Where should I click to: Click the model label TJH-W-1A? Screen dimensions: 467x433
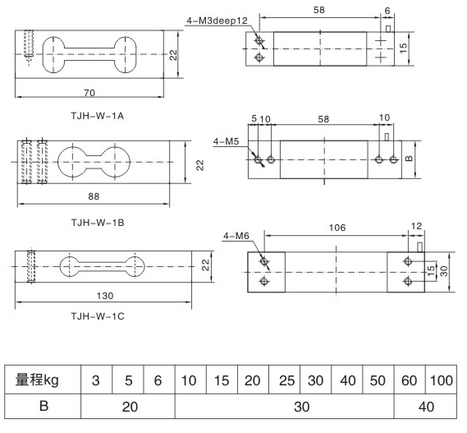coord(97,116)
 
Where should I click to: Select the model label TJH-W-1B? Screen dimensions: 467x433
coord(98,223)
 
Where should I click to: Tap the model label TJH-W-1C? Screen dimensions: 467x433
coord(98,316)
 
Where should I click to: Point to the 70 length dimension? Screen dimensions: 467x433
coord(89,93)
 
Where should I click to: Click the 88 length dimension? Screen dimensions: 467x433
coord(94,196)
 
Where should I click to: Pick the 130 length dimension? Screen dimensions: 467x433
coord(105,296)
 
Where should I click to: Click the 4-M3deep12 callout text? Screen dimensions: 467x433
coord(217,21)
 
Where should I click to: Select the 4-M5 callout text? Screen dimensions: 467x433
coord(226,141)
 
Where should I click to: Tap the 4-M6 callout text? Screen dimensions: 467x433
coord(236,236)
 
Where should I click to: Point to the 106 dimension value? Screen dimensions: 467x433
coord(337,228)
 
